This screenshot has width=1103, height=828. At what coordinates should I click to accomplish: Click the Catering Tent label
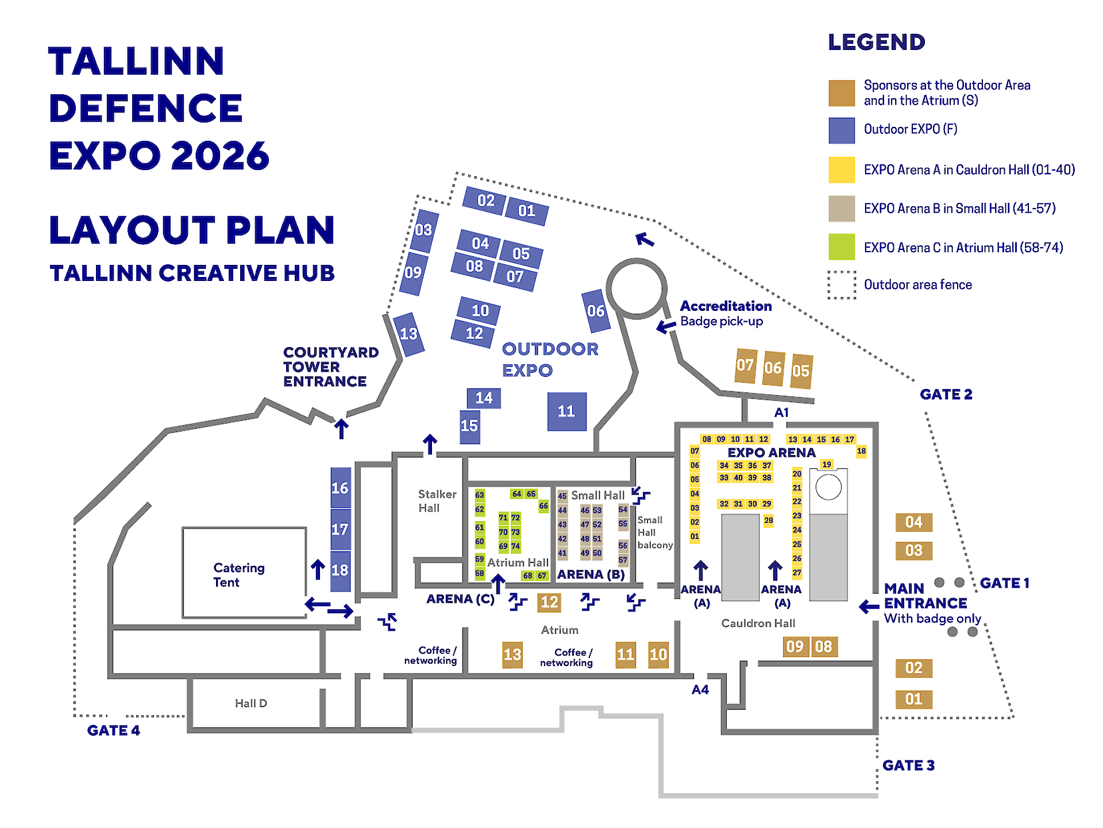click(239, 575)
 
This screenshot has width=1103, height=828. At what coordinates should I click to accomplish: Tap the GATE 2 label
click(946, 394)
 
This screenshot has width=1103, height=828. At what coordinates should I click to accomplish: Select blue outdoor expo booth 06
click(596, 311)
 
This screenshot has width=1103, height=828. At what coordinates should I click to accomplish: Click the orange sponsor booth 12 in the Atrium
click(549, 602)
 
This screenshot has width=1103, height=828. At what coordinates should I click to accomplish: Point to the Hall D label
click(251, 703)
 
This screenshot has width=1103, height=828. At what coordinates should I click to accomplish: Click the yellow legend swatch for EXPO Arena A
click(842, 170)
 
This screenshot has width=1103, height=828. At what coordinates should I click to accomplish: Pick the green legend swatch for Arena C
click(842, 247)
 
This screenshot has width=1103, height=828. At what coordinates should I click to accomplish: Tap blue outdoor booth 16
click(340, 488)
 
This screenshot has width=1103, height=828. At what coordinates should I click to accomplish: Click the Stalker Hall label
click(437, 501)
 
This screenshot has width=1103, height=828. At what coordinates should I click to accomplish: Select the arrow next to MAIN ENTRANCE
click(869, 606)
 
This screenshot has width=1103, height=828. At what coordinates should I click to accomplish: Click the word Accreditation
click(726, 306)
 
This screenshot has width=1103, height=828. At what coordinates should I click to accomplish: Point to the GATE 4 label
click(114, 730)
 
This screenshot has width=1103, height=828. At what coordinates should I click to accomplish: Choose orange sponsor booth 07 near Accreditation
click(745, 365)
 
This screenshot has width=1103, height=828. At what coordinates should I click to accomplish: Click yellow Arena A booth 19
click(827, 464)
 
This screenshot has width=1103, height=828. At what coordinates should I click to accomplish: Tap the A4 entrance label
click(700, 690)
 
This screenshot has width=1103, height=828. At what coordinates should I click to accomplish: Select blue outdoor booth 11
click(566, 411)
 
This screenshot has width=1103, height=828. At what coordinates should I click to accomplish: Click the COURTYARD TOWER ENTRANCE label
click(331, 367)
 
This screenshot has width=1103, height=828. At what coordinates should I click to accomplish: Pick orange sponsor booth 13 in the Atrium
click(512, 654)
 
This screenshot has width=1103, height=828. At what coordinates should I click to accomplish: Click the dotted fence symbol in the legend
click(842, 285)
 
